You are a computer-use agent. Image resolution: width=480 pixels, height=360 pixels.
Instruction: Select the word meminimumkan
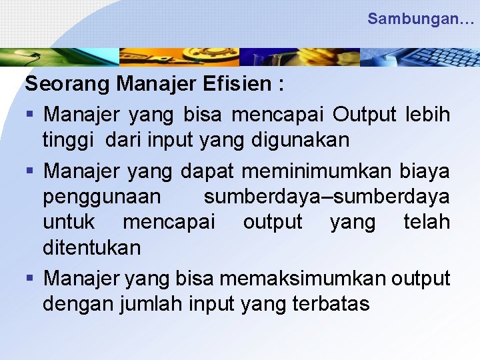(317, 171)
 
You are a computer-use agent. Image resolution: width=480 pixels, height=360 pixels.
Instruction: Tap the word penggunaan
(101, 197)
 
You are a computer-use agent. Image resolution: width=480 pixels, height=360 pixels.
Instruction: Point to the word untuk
(69, 222)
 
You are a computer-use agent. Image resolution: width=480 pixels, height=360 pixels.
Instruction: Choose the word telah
(427, 222)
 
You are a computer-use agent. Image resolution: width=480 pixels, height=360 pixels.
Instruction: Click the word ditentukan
(92, 248)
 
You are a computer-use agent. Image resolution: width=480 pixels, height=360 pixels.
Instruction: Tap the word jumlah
(151, 304)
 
